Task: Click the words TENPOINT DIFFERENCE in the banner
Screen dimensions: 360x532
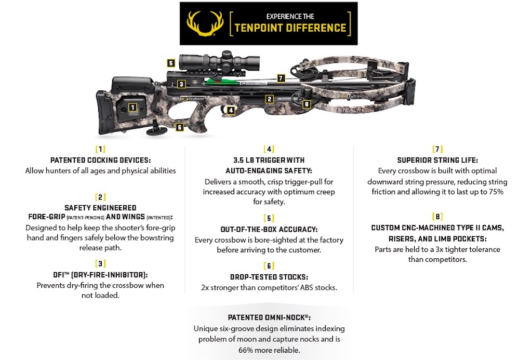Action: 290,28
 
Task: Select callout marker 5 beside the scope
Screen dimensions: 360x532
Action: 170,63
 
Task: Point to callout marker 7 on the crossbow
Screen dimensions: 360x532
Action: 281,78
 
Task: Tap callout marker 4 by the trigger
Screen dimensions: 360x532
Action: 231,110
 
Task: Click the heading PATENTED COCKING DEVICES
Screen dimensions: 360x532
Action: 100,161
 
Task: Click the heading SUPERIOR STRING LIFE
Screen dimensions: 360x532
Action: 437,161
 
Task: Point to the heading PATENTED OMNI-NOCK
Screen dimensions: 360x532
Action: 269,317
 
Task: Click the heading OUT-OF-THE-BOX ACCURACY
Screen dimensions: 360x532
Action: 269,229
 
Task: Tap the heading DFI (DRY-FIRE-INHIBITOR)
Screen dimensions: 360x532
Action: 100,274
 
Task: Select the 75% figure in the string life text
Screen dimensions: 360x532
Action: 497,192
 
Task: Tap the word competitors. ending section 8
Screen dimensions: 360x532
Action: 445,259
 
